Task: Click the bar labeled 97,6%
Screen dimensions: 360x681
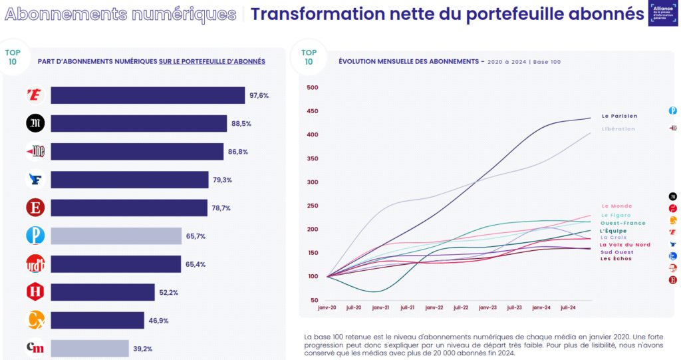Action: point(148,95)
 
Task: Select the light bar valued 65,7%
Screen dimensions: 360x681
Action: point(116,236)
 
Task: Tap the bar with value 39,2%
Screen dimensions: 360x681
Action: point(89,348)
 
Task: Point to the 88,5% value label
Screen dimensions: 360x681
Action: point(259,124)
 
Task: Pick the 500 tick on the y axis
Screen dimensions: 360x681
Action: point(312,87)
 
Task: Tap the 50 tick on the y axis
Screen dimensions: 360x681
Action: point(315,300)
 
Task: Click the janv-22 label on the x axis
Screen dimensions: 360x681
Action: point(434,308)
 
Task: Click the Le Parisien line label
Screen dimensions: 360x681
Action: point(619,116)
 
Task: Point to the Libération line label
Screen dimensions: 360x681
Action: point(618,129)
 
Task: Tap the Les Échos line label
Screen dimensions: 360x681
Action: point(616,259)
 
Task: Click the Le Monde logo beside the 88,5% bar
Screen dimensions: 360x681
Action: point(35,123)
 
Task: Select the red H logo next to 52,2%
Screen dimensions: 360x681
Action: point(35,291)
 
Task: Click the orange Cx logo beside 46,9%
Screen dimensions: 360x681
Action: point(35,320)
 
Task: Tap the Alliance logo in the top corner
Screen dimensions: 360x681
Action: point(662,13)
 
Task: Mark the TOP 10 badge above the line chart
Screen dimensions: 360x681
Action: point(309,57)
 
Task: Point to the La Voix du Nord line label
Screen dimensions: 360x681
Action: point(625,245)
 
